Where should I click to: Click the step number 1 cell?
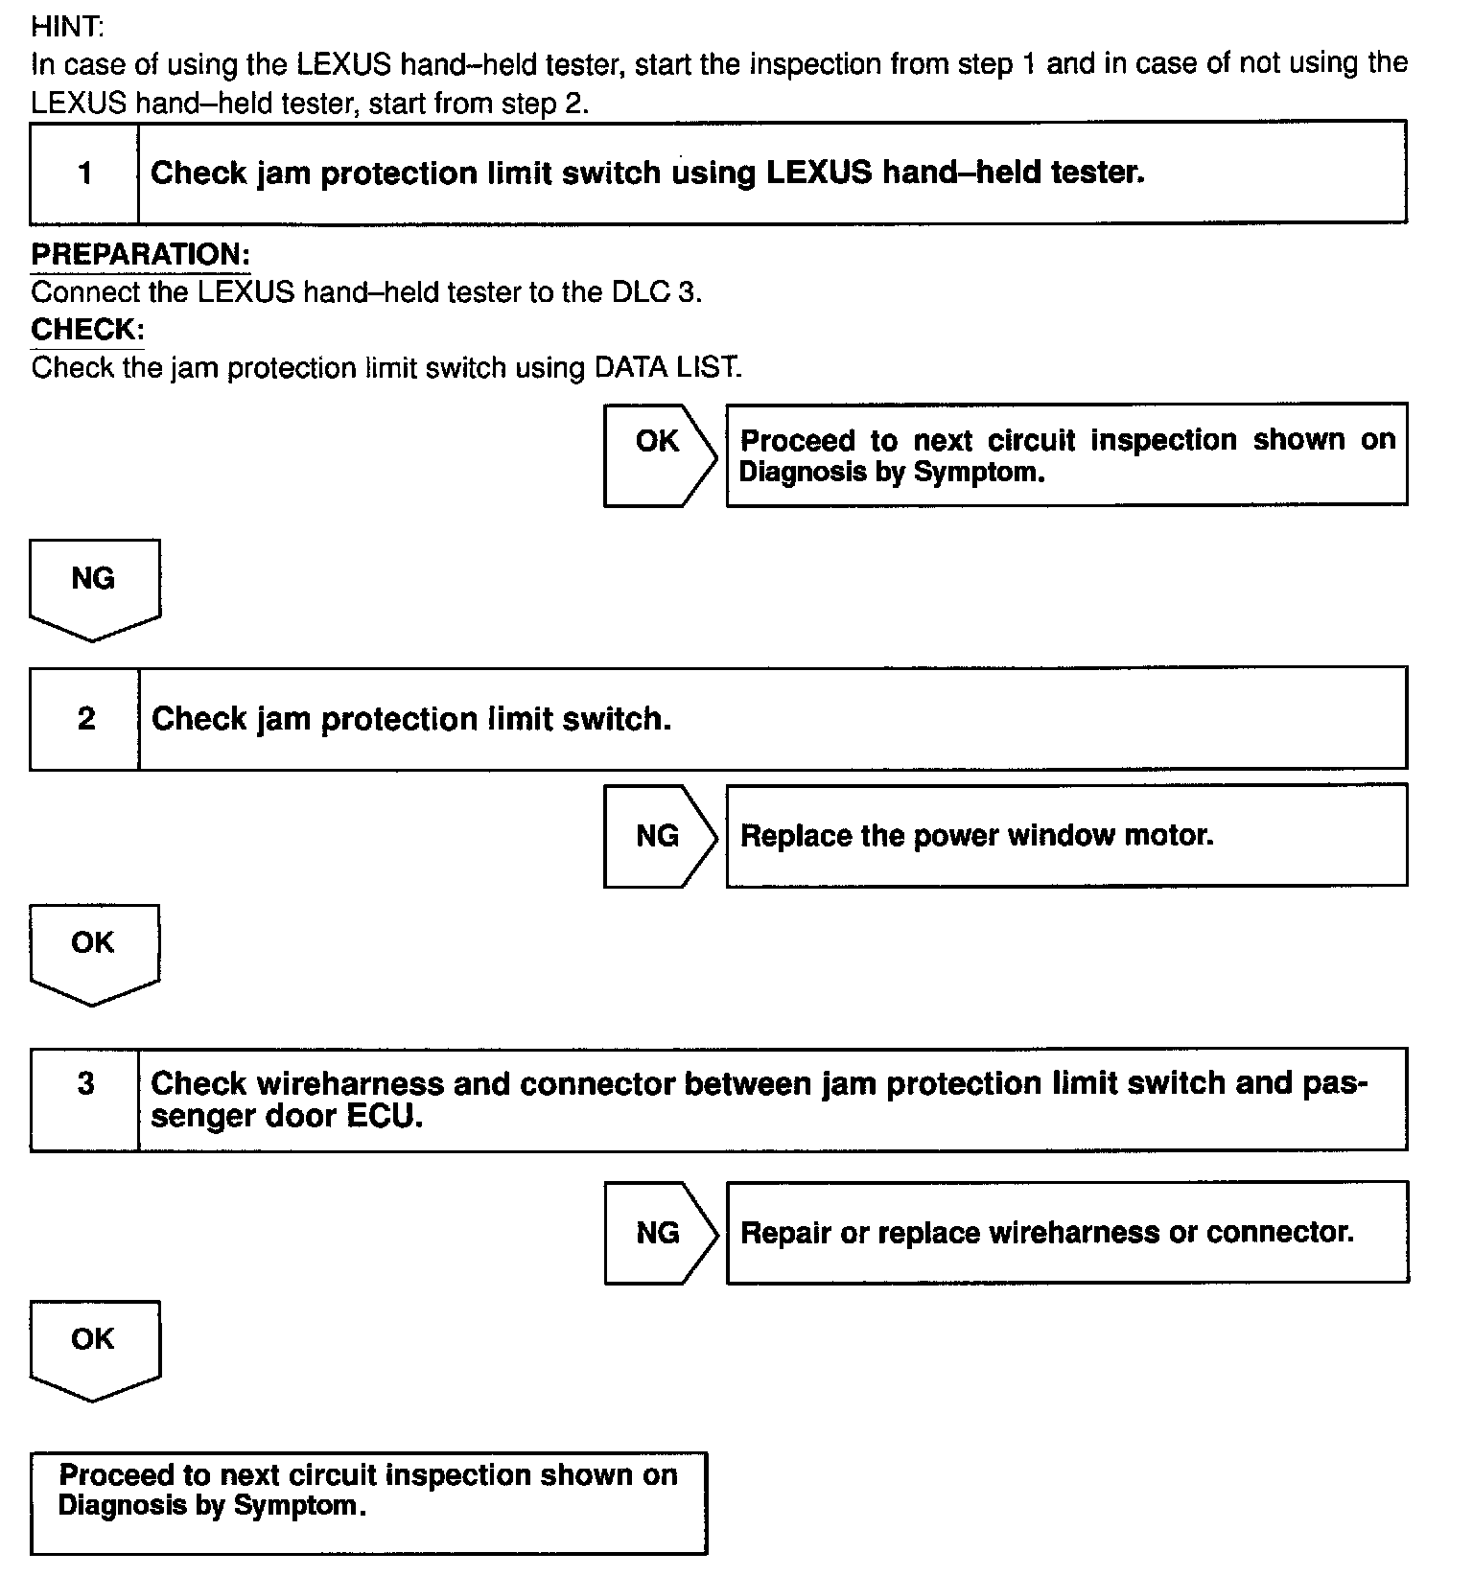[x=84, y=174]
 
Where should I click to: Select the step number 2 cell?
[x=85, y=719]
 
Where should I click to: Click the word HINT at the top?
[x=67, y=28]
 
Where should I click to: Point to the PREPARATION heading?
[x=140, y=255]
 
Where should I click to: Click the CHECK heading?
[x=87, y=330]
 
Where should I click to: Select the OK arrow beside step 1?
[x=659, y=454]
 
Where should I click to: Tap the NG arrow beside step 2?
[x=659, y=836]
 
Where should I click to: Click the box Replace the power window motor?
[x=1065, y=836]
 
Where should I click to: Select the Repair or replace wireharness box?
[x=1066, y=1233]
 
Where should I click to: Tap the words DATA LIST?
[x=667, y=368]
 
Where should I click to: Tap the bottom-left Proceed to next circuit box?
[x=368, y=1502]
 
